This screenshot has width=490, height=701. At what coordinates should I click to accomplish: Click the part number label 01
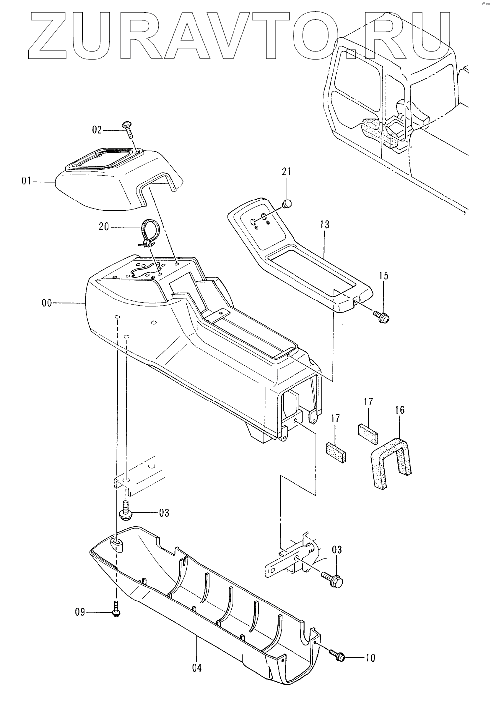coord(26,182)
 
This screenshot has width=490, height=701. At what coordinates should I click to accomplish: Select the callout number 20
coord(104,227)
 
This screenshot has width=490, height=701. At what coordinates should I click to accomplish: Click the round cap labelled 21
coord(286,203)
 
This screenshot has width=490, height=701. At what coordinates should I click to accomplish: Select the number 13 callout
coord(325,225)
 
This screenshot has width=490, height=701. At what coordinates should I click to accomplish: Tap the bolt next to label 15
coord(383,316)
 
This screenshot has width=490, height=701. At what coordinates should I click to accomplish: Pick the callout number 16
coord(400,410)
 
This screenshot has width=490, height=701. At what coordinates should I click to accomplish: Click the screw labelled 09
coord(116,609)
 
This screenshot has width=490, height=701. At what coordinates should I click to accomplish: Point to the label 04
coord(197,668)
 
